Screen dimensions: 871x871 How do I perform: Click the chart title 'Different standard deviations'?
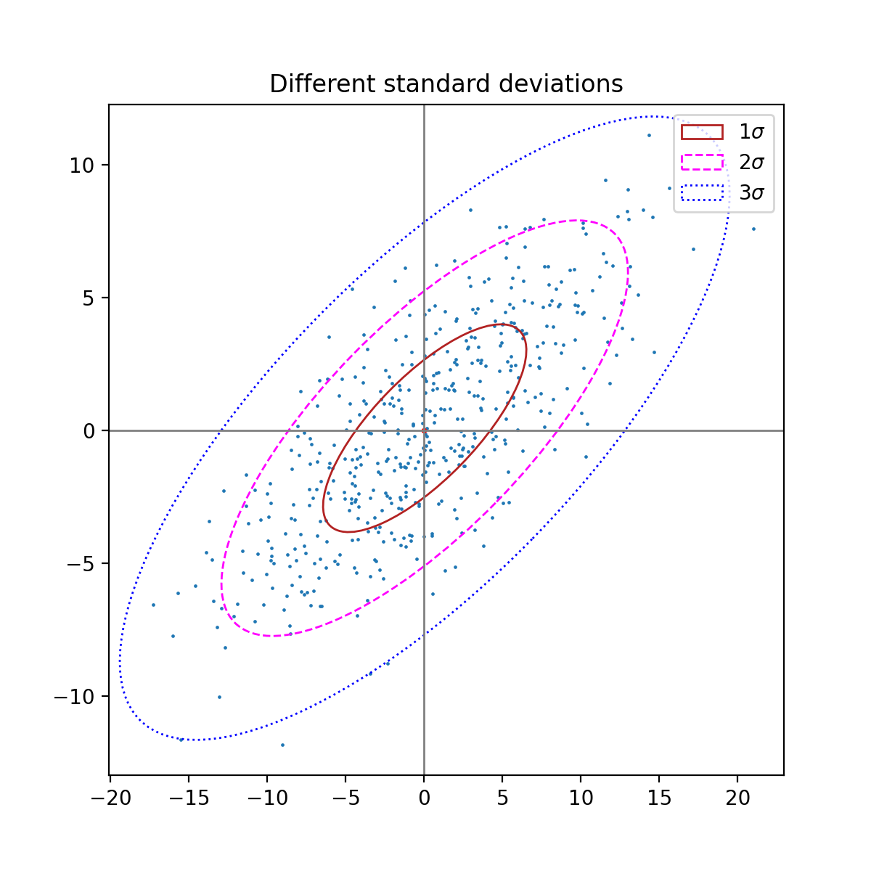(446, 84)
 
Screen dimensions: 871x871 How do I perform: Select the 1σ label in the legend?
(751, 132)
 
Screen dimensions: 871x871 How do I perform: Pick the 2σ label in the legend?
(751, 163)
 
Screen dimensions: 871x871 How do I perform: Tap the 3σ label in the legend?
(751, 193)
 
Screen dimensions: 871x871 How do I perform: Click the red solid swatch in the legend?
(702, 131)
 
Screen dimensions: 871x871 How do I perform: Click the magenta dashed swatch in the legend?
(702, 162)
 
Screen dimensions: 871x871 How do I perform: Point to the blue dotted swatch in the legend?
(702, 192)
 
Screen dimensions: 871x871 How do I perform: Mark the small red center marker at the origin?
(424, 430)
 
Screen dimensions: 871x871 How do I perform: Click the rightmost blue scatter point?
(753, 229)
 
